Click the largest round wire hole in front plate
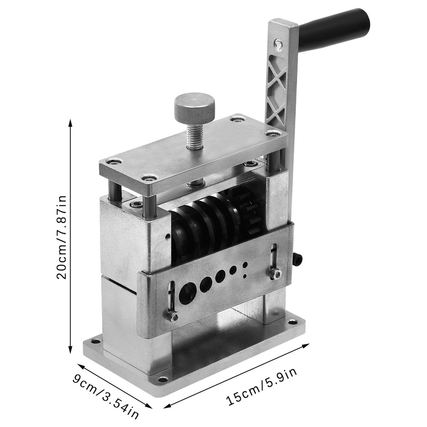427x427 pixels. tap(188, 293)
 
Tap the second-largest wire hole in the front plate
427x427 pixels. tap(206, 284)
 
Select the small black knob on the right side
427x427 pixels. tap(298, 259)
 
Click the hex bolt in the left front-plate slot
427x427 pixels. tap(173, 316)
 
